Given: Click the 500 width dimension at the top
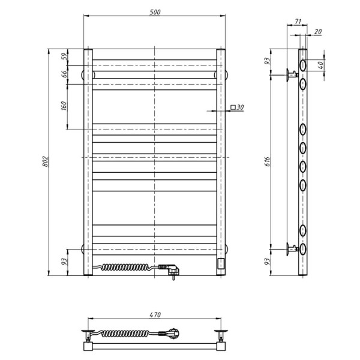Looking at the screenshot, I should coord(155,11).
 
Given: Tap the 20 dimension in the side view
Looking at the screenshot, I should coord(317,32).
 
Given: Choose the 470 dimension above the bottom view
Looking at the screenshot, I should coord(155,314).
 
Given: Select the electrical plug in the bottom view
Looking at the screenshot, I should coord(176,332).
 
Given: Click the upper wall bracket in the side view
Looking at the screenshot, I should coord(292,74).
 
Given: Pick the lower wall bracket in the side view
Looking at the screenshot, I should coord(292,247).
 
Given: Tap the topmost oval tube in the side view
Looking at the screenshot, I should coord(303,65).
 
